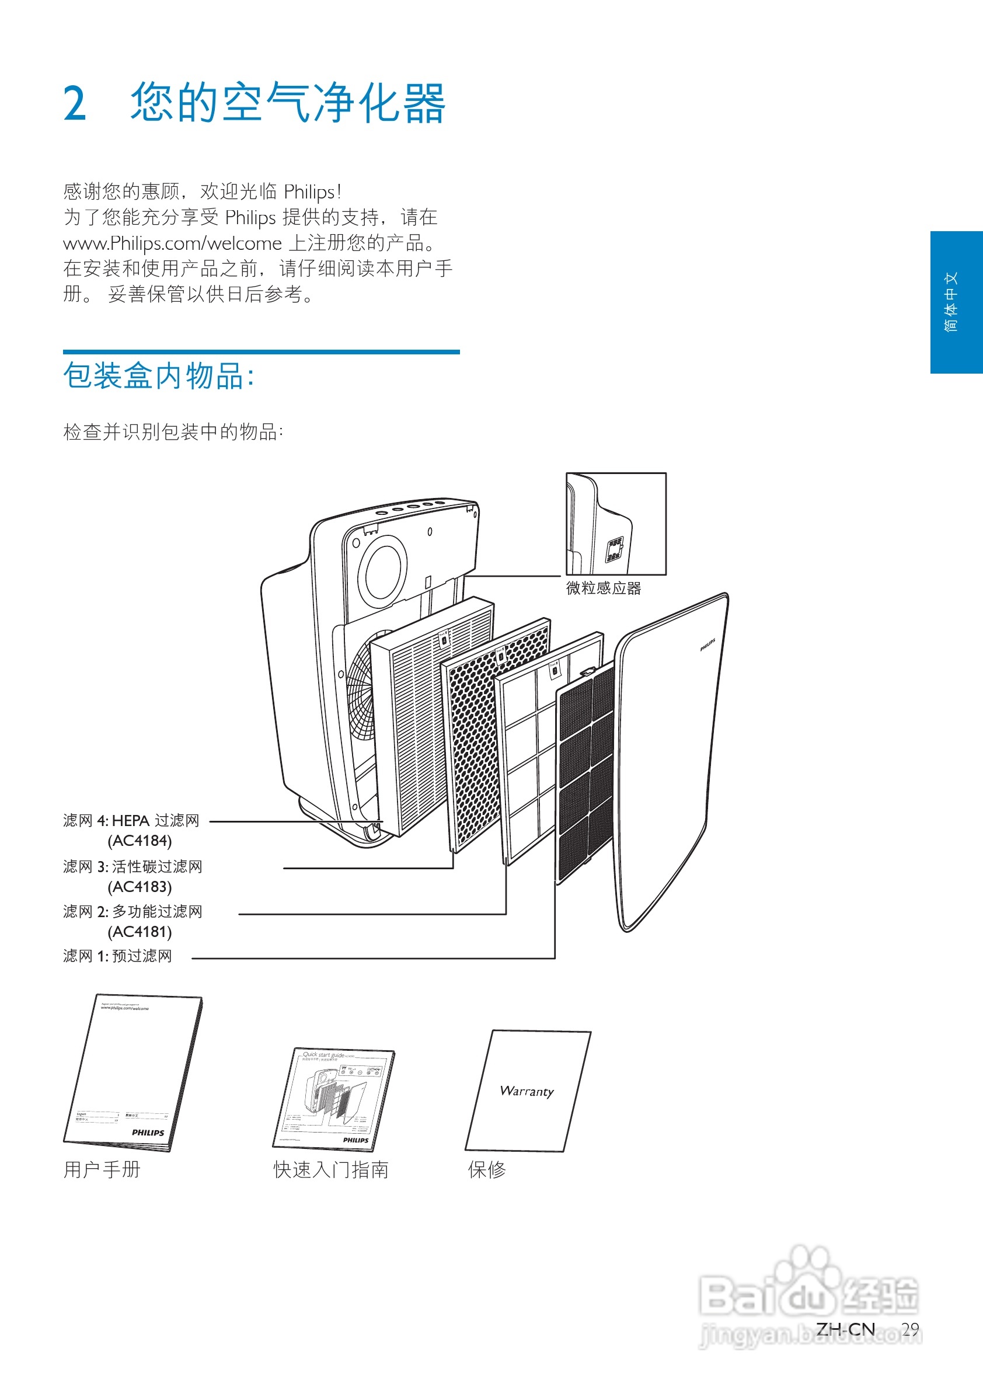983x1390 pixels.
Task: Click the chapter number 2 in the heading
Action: pyautogui.click(x=75, y=103)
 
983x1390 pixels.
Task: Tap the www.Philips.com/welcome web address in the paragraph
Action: pyautogui.click(x=173, y=243)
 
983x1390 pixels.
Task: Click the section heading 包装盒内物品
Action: pyautogui.click(x=159, y=376)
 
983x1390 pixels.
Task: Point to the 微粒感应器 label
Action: pyautogui.click(x=603, y=588)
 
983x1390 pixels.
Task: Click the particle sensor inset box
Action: pyautogui.click(x=616, y=524)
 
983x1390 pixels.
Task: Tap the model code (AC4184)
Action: pyautogui.click(x=140, y=841)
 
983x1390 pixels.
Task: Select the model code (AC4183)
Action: pyautogui.click(x=140, y=887)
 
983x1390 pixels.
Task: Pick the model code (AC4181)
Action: pyautogui.click(x=140, y=932)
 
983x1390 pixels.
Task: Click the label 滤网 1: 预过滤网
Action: pyautogui.click(x=117, y=956)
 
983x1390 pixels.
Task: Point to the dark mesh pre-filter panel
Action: pyautogui.click(x=585, y=775)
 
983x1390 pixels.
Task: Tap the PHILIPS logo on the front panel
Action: pyautogui.click(x=707, y=645)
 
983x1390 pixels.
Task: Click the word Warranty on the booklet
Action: pyautogui.click(x=527, y=1091)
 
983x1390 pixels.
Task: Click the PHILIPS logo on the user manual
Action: pyautogui.click(x=148, y=1132)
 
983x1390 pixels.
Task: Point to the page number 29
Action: pyautogui.click(x=910, y=1329)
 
